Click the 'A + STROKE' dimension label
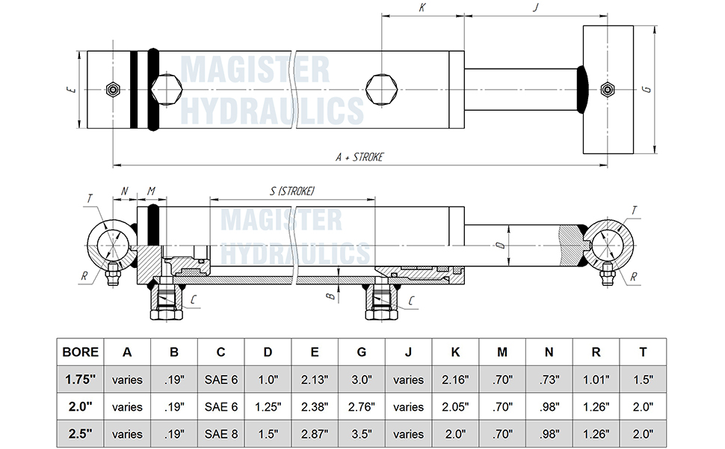pos(360,157)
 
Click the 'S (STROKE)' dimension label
pos(291,192)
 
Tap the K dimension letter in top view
pos(422,7)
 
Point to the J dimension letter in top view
pos(535,7)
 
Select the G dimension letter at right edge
pos(647,90)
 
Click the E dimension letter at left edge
pos(70,90)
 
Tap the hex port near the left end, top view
pos(166,90)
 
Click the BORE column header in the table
pos(80,352)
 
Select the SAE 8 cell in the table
pos(220,434)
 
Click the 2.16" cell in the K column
pos(455,379)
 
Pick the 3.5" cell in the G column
pos(361,434)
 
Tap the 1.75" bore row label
pos(80,379)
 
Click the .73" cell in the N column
pos(549,379)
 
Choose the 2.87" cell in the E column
pos(315,434)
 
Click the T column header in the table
pos(643,352)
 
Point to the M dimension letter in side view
pos(152,192)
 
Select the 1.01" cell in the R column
pos(596,379)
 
